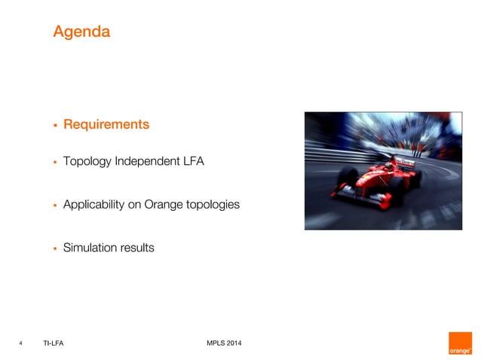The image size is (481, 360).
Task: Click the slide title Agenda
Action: (x=81, y=32)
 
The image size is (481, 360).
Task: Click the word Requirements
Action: (x=106, y=124)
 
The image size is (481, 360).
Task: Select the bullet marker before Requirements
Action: (x=55, y=125)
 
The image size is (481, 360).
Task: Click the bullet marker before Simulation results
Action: (x=55, y=248)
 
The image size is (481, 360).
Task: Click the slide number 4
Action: (x=20, y=344)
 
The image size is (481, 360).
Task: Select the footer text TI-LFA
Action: (x=54, y=344)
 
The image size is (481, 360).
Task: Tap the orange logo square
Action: (x=460, y=343)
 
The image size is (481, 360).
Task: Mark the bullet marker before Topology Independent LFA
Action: (x=55, y=161)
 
